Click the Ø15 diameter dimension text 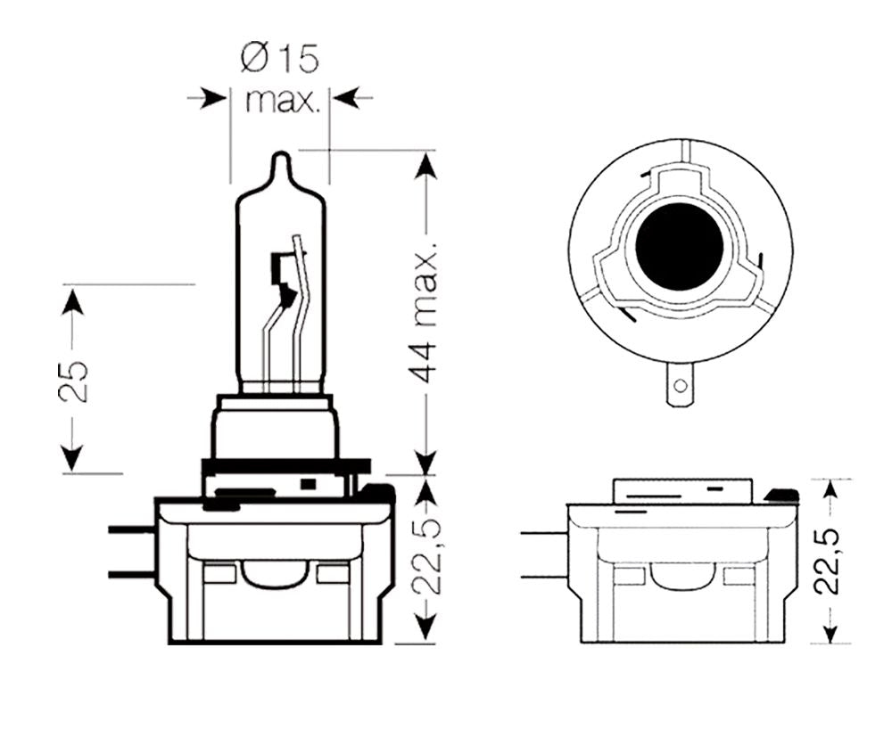280,60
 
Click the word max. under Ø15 282,101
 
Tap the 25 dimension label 78,381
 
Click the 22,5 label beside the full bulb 427,560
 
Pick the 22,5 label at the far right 830,560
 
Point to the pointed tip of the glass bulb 281,159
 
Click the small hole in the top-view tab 681,386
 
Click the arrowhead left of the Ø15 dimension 213,96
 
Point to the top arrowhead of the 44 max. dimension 427,166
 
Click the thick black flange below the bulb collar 285,466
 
